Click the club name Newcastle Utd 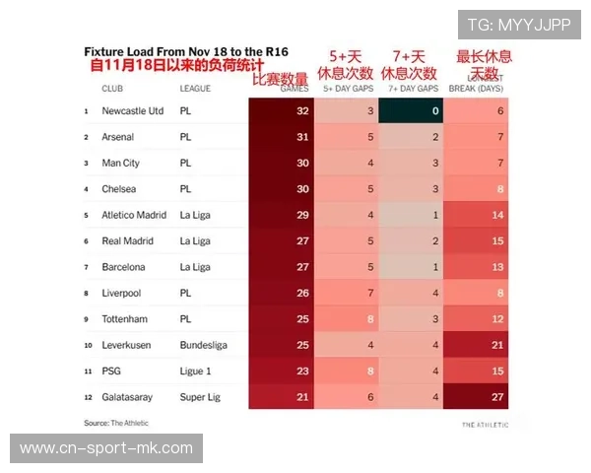[132, 111]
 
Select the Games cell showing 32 [301, 111]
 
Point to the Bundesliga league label [203, 345]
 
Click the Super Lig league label [200, 396]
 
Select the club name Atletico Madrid [134, 215]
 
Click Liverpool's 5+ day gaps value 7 [369, 293]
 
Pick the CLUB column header [112, 88]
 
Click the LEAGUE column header [195, 88]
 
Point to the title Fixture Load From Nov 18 [186, 51]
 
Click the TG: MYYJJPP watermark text [518, 25]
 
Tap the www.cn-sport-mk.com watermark [105, 448]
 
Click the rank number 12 [87, 397]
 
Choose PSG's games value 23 [301, 371]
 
